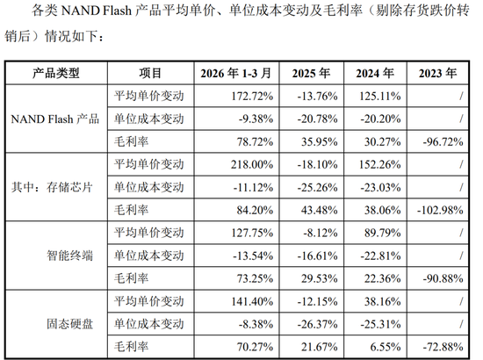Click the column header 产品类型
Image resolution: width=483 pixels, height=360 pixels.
(56, 73)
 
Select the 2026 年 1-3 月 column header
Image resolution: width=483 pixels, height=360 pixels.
(236, 73)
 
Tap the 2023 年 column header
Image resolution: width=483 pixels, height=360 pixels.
(437, 73)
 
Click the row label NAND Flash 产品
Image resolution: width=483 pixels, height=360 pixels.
(55, 119)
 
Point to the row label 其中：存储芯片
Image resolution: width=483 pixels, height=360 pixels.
(52, 187)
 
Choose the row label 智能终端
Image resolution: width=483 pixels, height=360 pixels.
(70, 256)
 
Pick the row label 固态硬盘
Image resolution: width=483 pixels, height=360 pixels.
(70, 324)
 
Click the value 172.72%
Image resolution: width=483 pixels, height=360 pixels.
(252, 96)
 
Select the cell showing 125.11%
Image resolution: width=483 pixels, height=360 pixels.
(380, 96)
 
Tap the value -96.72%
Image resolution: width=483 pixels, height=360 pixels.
(443, 141)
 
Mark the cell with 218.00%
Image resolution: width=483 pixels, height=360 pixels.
(252, 164)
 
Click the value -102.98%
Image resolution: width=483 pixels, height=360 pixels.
(440, 210)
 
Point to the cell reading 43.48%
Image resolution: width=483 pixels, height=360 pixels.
(320, 210)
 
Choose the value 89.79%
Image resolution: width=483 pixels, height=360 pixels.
(383, 233)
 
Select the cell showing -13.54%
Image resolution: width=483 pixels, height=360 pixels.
(253, 256)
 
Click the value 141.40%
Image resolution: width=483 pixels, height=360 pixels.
(252, 301)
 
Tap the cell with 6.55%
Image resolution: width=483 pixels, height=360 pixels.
(386, 347)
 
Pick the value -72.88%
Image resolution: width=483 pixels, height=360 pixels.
(443, 347)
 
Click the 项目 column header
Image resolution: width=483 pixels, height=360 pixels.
(150, 73)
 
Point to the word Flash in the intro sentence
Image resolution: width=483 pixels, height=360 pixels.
(117, 11)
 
